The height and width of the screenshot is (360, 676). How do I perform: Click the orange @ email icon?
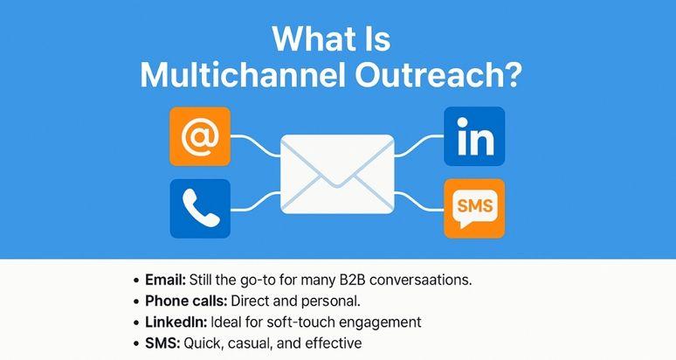[x=200, y=136]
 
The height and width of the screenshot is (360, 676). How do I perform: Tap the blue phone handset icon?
[x=200, y=209]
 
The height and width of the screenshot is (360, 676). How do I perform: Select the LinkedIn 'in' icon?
[x=474, y=136]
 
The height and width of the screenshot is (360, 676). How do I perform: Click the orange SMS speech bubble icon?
[x=474, y=209]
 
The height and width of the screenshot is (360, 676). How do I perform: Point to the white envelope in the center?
[x=338, y=174]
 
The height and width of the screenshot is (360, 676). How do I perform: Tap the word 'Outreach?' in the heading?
[x=437, y=75]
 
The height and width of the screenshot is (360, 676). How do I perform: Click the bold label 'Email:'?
[x=166, y=280]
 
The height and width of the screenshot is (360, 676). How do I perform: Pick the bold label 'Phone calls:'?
[x=186, y=301]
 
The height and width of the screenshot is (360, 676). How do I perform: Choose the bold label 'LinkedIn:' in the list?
[x=176, y=322]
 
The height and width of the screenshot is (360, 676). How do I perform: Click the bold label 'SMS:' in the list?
[x=162, y=343]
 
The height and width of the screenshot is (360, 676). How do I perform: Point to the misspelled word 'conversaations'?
[x=421, y=280]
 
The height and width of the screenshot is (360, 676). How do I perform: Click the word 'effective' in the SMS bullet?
[x=334, y=343]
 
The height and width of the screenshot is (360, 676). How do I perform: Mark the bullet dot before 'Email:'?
[x=136, y=280]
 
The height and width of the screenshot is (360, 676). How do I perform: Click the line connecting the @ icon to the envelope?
[x=256, y=144]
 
